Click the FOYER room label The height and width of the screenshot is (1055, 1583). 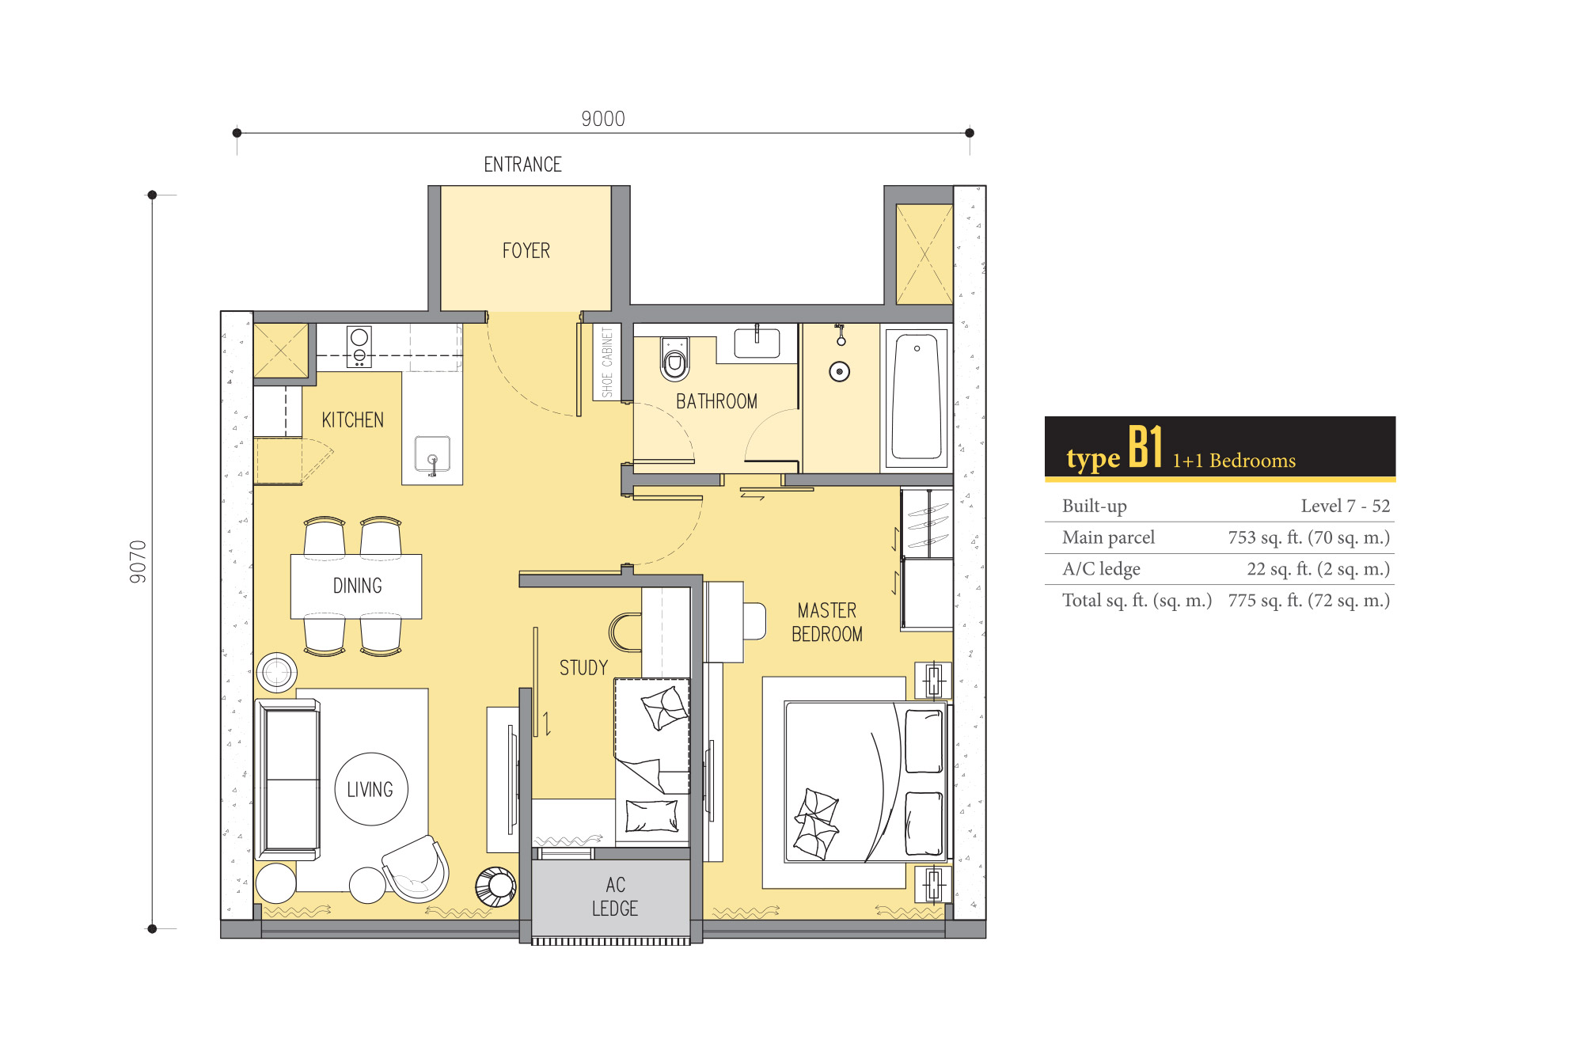[x=526, y=251]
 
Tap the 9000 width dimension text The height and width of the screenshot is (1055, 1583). [x=603, y=119]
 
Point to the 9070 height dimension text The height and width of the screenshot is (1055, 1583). [x=139, y=562]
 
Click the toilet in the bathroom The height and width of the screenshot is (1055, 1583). [x=674, y=359]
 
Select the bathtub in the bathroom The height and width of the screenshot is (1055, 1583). [x=917, y=396]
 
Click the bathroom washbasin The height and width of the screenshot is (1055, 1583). [x=757, y=343]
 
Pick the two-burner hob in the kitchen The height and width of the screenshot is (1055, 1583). [x=359, y=347]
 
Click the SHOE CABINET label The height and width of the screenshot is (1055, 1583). [x=607, y=362]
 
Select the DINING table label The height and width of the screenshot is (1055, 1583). [x=357, y=586]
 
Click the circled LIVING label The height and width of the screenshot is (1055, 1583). [x=370, y=789]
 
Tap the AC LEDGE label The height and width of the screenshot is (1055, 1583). [x=615, y=897]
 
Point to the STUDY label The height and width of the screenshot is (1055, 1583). [x=583, y=668]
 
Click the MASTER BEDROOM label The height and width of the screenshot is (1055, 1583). [x=827, y=622]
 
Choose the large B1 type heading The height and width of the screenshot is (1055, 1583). [x=1145, y=447]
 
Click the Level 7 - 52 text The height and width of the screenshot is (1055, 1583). [x=1346, y=506]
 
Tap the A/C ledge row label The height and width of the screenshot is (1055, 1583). [x=1101, y=569]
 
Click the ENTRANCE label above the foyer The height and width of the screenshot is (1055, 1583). [x=522, y=165]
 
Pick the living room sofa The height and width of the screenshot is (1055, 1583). [x=288, y=780]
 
